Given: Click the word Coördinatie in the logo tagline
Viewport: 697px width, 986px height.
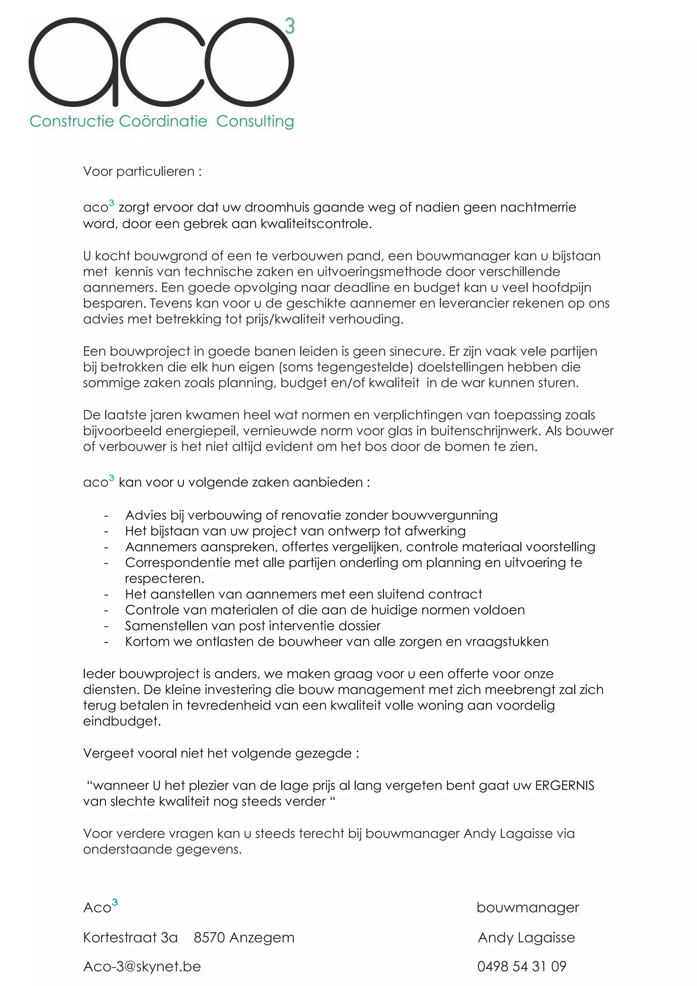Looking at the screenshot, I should point(163,121).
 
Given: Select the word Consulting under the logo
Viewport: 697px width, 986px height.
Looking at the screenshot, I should point(255,121).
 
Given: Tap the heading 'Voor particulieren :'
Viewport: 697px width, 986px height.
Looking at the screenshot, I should point(142,172).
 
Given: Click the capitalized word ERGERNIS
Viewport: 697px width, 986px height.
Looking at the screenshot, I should point(564,786).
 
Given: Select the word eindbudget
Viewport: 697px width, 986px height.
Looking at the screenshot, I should point(122,721).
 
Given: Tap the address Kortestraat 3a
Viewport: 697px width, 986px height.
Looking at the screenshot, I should point(130,937).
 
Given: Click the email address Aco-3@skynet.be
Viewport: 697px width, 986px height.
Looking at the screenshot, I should point(142,966).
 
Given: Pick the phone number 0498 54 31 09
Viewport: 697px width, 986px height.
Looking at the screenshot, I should point(521,966).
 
